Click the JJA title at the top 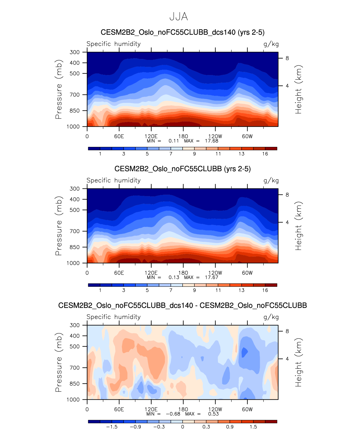[x=179, y=17]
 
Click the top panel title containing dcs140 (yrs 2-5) [x=183, y=32]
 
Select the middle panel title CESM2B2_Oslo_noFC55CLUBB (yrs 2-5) [x=183, y=169]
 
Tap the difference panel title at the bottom [x=183, y=305]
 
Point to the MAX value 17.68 [x=212, y=141]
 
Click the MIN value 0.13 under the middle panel [x=174, y=277]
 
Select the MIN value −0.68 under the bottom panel [x=173, y=414]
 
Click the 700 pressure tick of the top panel [x=75, y=95]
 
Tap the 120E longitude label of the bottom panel [x=151, y=409]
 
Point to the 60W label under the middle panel [x=247, y=273]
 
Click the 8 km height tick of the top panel [x=287, y=58]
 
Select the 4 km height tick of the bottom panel [x=287, y=359]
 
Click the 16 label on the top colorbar [x=265, y=154]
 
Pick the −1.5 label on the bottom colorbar [x=112, y=427]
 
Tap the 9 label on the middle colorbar [x=194, y=290]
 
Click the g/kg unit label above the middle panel [x=271, y=180]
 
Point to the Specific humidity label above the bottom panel [x=113, y=317]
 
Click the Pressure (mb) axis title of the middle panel [x=58, y=226]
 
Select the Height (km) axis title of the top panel [x=298, y=89]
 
